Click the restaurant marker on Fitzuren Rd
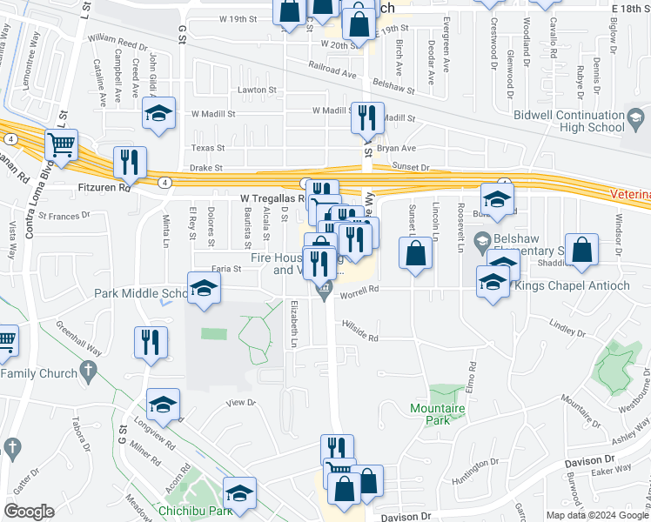pyautogui.click(x=130, y=162)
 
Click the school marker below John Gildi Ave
pyautogui.click(x=158, y=114)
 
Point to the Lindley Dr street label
pyautogui.click(x=569, y=330)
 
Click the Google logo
pyautogui.click(x=30, y=511)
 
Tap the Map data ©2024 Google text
pyautogui.click(x=596, y=514)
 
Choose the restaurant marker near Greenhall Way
pyautogui.click(x=150, y=342)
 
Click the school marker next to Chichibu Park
pyautogui.click(x=239, y=492)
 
